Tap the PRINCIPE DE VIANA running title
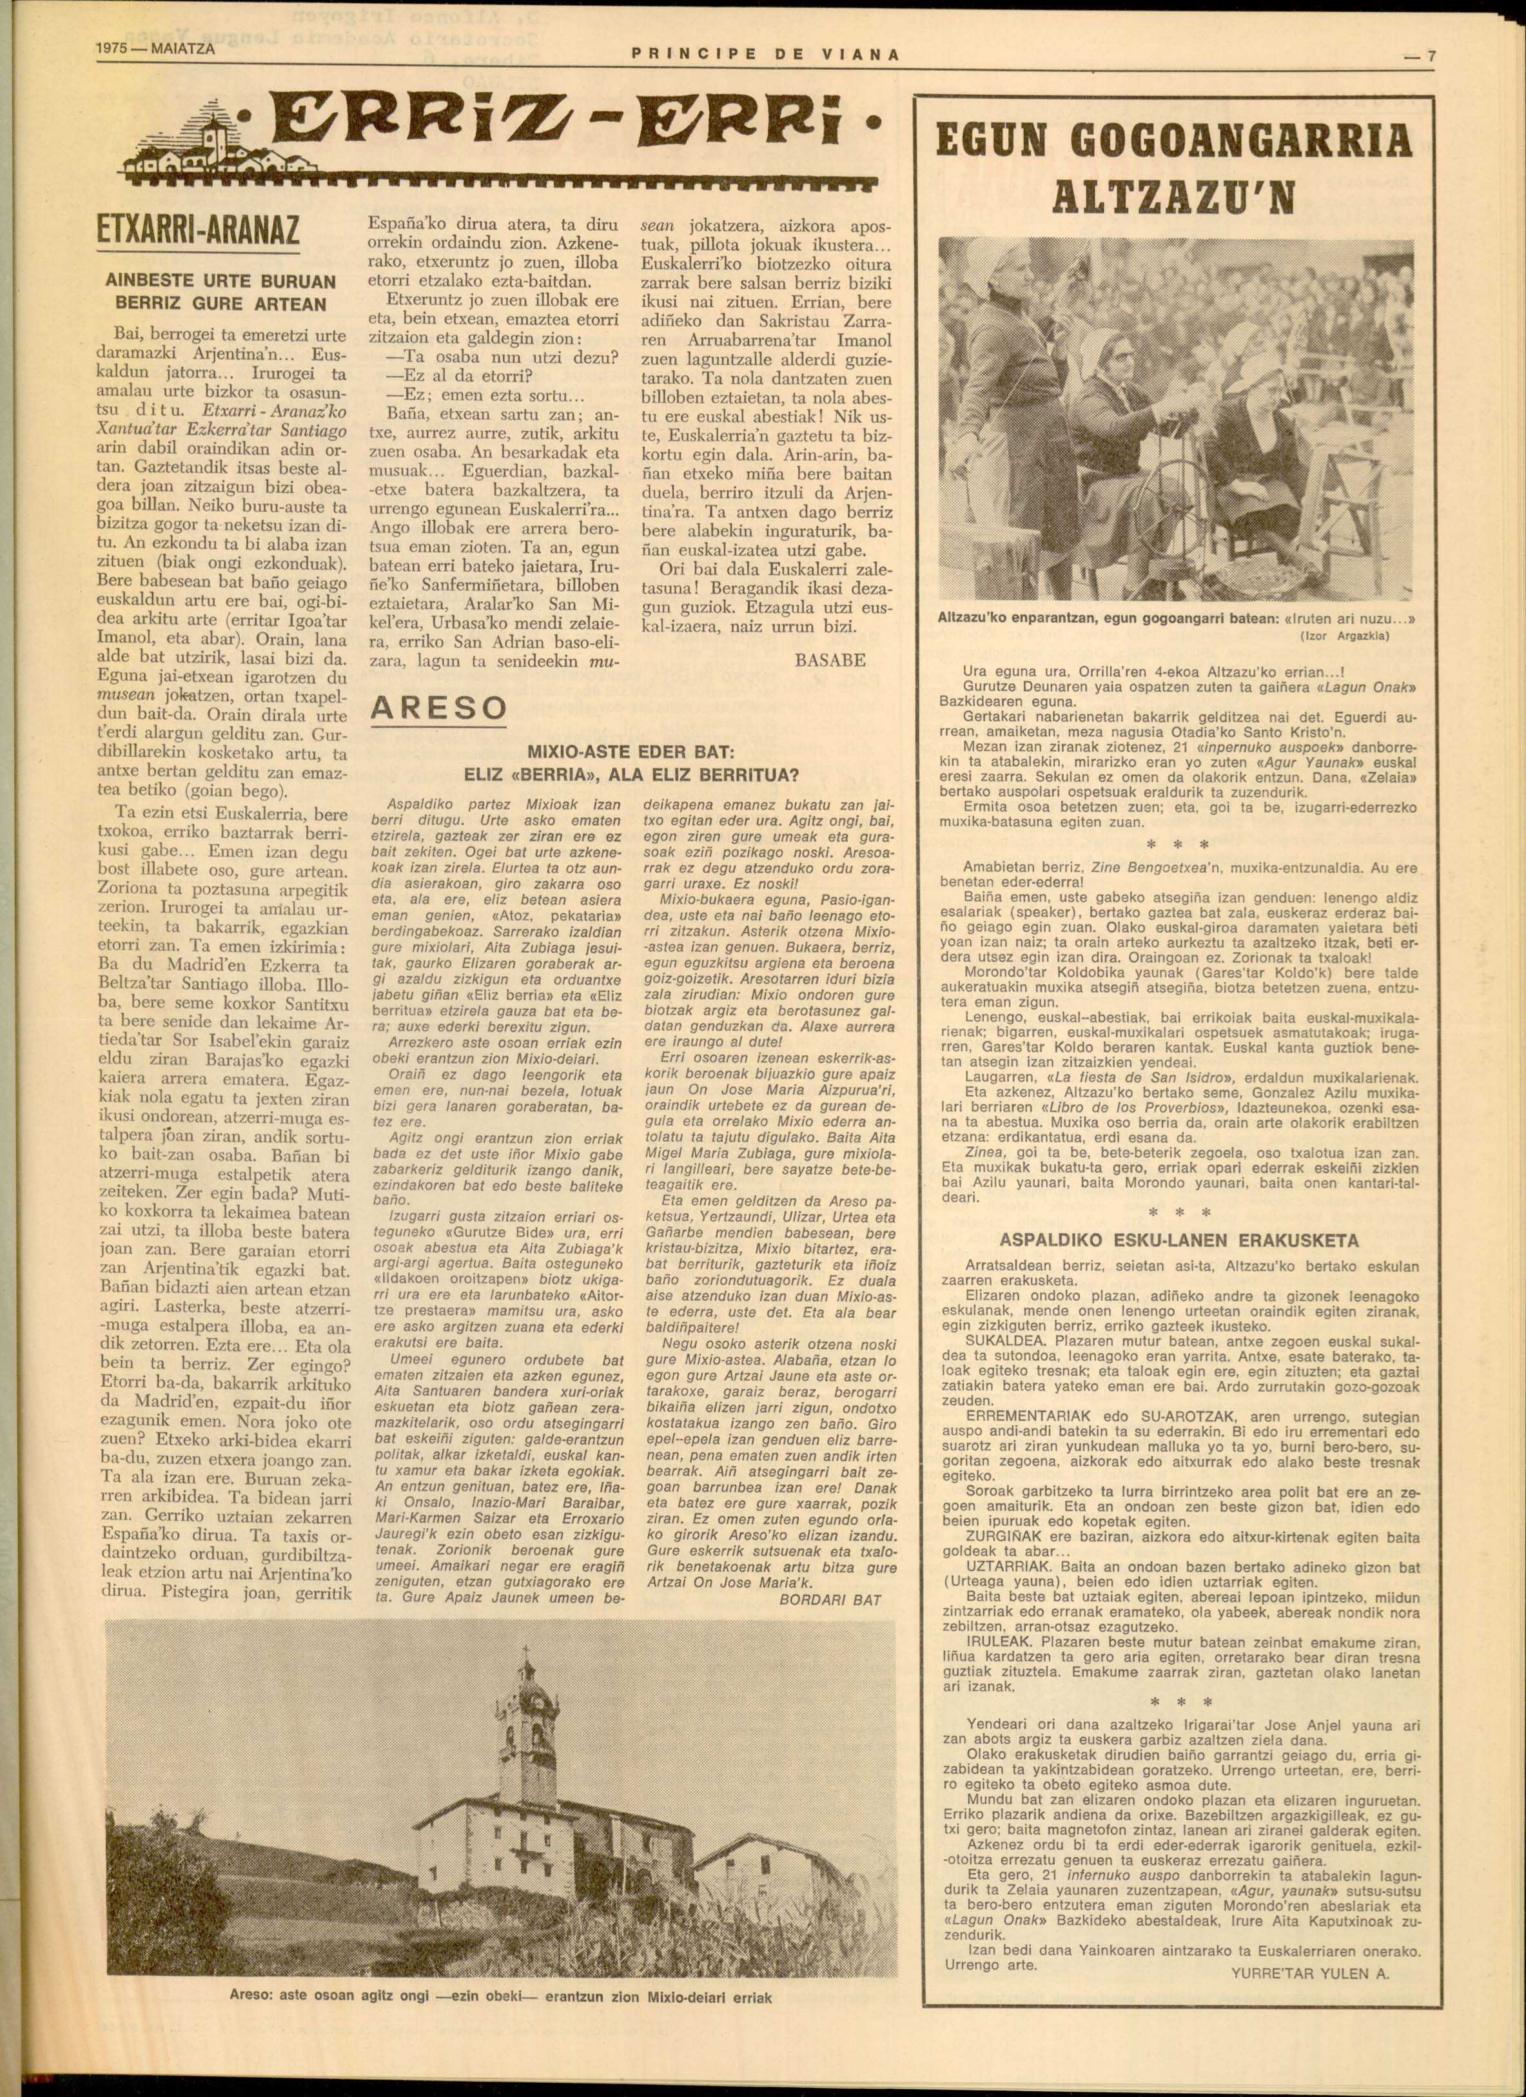click(x=764, y=55)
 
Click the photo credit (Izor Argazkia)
click(x=1345, y=636)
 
